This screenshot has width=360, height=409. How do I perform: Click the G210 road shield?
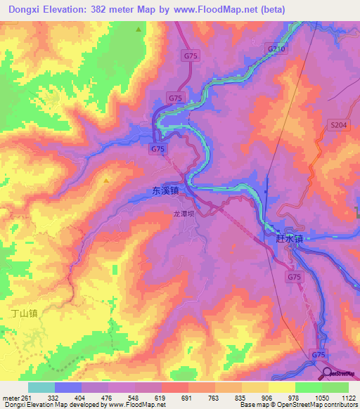[x=276, y=48]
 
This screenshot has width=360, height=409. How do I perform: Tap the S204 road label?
[x=338, y=124]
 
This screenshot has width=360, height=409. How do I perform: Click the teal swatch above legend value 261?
[x=41, y=387]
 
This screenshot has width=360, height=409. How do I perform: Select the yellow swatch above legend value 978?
[x=282, y=387]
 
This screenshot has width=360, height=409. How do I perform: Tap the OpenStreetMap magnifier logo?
[x=328, y=372]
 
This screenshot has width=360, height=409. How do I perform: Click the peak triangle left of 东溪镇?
[x=106, y=181]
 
